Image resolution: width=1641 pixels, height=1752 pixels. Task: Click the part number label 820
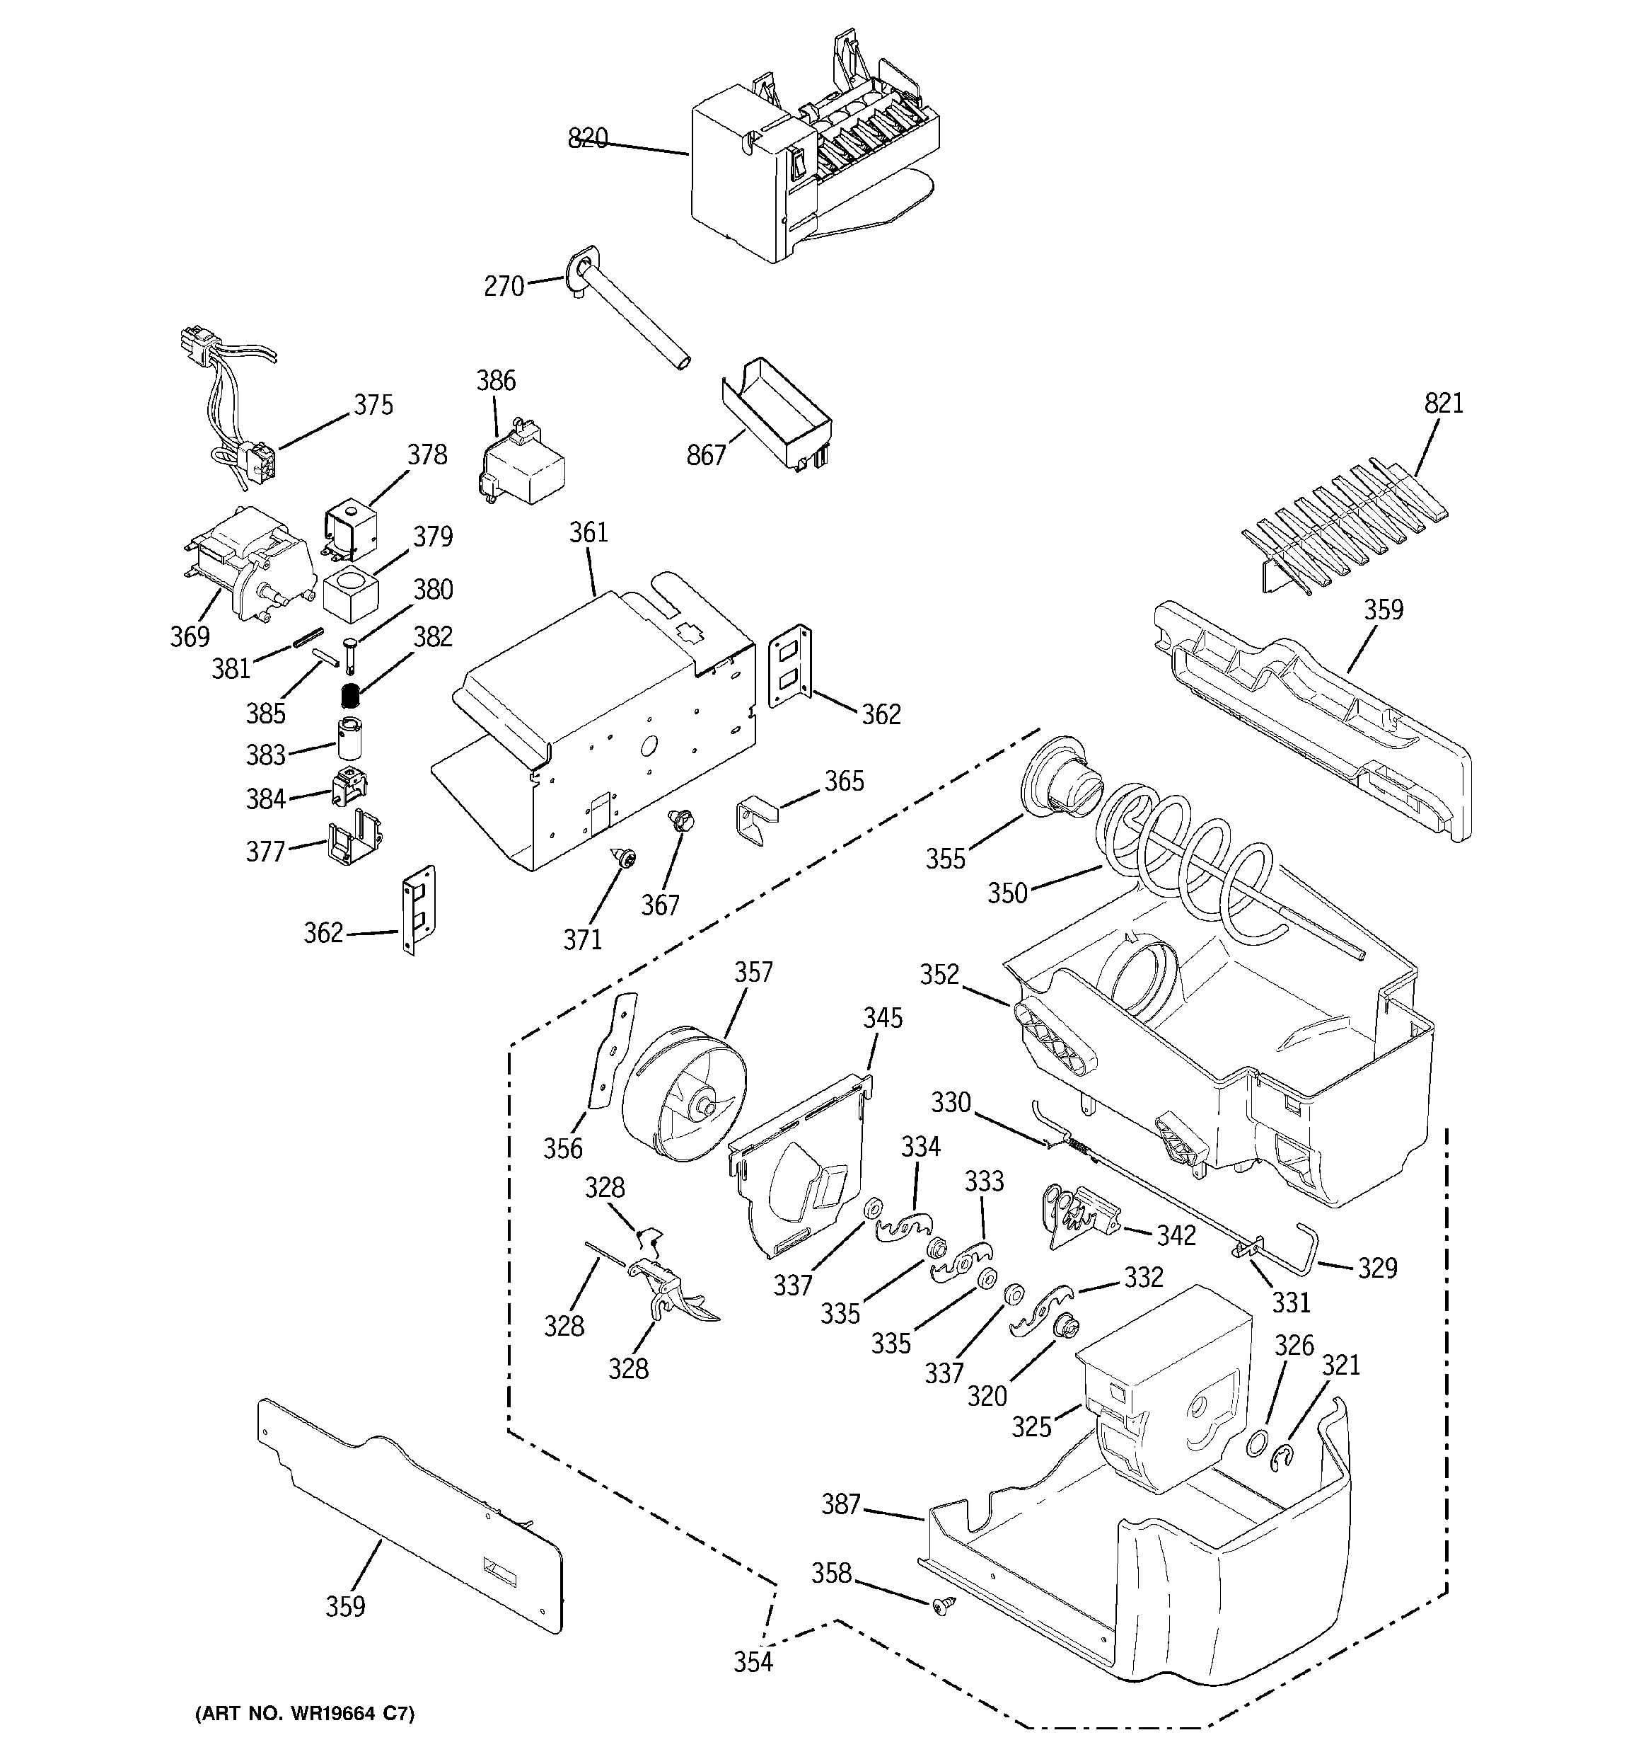coord(588,138)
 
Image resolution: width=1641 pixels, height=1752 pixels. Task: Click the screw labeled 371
coord(625,857)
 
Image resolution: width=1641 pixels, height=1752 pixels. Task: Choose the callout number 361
coord(588,532)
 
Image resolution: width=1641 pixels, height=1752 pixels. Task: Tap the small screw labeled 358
coord(940,1630)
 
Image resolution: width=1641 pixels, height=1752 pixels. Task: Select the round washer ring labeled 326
coord(1258,1442)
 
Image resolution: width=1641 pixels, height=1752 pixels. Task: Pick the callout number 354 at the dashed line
coord(753,1662)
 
